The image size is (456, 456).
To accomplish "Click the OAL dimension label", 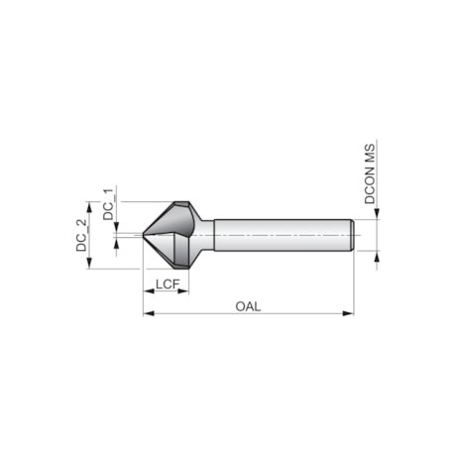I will coord(248,305).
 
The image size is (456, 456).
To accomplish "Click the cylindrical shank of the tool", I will coord(278,235).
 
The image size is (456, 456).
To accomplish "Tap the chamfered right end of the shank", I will coord(352,235).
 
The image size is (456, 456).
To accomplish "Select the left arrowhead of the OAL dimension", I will coord(149,313).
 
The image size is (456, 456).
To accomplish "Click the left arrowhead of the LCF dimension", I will coord(149,293).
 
